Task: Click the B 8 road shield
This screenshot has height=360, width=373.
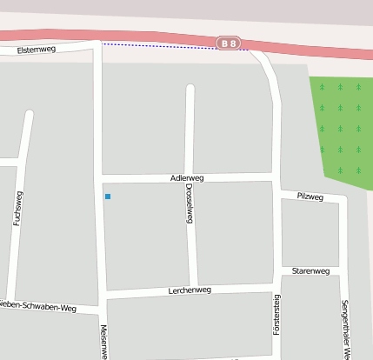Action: [229, 42]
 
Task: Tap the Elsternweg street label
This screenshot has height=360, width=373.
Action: [37, 50]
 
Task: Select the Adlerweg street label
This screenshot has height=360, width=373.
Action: [187, 177]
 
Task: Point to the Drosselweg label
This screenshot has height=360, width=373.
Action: [189, 205]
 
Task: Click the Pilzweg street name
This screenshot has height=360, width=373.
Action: [310, 197]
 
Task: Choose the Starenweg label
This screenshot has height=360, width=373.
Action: [310, 271]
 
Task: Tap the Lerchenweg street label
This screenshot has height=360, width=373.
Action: [190, 290]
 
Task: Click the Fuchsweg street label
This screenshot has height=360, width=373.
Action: [17, 210]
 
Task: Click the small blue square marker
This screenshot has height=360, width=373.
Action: [108, 197]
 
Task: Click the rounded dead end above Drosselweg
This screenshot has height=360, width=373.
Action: [190, 89]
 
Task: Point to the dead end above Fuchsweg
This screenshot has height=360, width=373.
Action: [30, 115]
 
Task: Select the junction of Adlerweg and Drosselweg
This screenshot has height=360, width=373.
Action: [190, 178]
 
